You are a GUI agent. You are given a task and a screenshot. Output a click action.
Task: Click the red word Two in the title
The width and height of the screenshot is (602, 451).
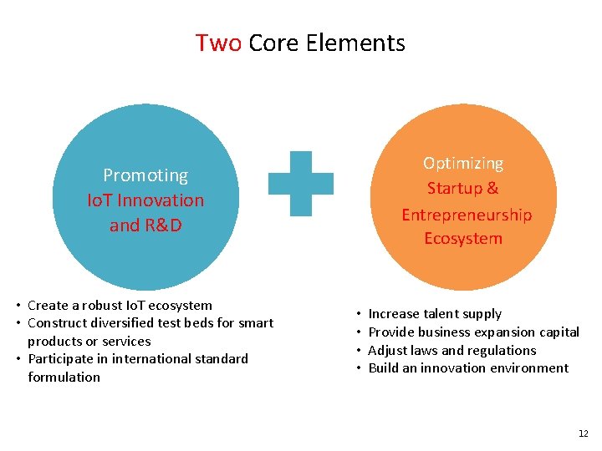(218, 43)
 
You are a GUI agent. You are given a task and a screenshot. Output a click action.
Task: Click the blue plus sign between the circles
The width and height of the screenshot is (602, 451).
(300, 183)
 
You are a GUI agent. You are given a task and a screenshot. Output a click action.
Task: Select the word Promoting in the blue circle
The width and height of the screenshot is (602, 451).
(145, 175)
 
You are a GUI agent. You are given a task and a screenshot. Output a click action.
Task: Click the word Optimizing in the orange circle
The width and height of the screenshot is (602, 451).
(463, 163)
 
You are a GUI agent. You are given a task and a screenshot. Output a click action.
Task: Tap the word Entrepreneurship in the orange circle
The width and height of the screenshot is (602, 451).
(467, 215)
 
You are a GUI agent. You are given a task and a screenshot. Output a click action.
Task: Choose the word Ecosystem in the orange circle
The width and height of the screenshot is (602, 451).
(463, 239)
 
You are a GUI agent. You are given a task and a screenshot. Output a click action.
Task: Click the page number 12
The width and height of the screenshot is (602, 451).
(583, 433)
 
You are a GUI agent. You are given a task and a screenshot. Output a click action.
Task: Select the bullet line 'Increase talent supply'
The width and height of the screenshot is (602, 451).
(435, 314)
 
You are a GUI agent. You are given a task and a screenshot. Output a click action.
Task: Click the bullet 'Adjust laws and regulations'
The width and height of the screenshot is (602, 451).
(451, 350)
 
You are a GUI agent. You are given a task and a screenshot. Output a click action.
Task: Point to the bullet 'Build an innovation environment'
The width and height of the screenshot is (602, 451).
(468, 368)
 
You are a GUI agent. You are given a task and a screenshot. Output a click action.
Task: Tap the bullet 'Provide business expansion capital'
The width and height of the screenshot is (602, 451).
(473, 332)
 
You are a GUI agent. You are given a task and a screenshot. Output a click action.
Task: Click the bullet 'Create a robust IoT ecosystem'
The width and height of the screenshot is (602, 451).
(120, 306)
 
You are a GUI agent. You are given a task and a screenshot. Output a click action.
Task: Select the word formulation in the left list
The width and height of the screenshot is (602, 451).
(64, 377)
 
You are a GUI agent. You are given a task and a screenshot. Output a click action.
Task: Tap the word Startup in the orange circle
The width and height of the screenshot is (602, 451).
(451, 189)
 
